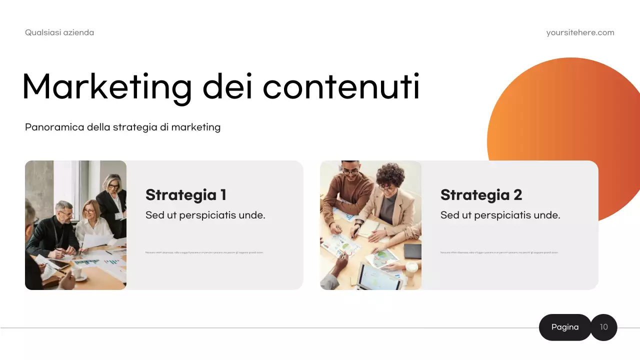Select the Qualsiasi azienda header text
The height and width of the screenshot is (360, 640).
(x=59, y=32)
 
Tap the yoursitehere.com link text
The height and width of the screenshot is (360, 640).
(x=580, y=32)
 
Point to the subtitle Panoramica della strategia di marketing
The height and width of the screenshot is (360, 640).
(x=122, y=127)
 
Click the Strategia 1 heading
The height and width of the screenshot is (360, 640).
(x=185, y=194)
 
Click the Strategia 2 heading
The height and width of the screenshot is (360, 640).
(x=481, y=194)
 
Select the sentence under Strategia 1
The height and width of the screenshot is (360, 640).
(x=205, y=215)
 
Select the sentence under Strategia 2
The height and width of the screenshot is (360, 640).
(x=500, y=215)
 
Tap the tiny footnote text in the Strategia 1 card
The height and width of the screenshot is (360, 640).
(x=204, y=252)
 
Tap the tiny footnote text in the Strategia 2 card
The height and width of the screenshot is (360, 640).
(x=499, y=252)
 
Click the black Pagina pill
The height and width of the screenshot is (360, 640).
(x=565, y=327)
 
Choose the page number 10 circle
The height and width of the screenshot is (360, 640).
(x=604, y=327)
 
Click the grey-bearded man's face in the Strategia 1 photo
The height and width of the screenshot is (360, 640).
(x=64, y=212)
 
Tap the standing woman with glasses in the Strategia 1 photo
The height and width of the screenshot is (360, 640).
(x=113, y=200)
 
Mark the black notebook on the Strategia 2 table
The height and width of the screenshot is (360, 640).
(x=412, y=251)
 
